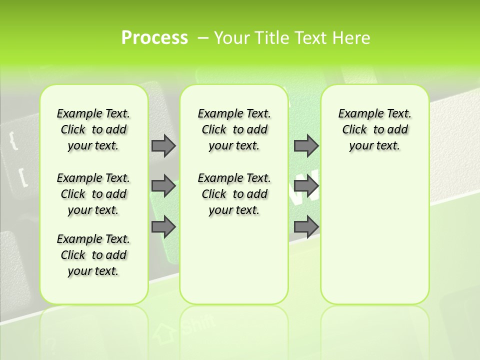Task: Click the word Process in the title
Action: click(154, 38)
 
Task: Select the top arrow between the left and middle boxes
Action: click(163, 145)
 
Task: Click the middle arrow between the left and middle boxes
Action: click(163, 186)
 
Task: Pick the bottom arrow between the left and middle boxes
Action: click(163, 227)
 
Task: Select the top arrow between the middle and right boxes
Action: click(306, 145)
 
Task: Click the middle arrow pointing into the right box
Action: click(306, 186)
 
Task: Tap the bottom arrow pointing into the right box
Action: click(306, 227)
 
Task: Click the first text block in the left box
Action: click(93, 129)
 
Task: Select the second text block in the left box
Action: click(93, 194)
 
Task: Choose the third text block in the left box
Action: click(93, 255)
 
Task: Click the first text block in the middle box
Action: click(234, 129)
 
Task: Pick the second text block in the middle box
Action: click(234, 194)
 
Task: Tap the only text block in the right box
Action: click(374, 129)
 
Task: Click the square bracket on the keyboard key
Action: click(22, 178)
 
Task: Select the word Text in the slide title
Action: click(309, 38)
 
